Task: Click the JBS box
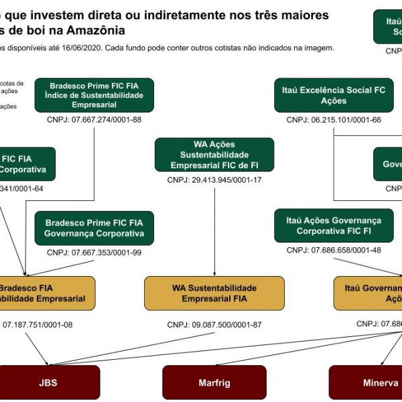pyautogui.click(x=48, y=383)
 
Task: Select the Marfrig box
pyautogui.click(x=214, y=383)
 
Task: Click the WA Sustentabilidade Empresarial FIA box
pyautogui.click(x=214, y=293)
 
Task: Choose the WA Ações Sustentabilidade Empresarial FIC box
pyautogui.click(x=214, y=154)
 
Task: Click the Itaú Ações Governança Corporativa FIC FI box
pyautogui.click(x=334, y=225)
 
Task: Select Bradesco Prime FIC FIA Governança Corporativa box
pyautogui.click(x=94, y=228)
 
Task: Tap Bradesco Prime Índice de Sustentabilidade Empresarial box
pyautogui.click(x=94, y=94)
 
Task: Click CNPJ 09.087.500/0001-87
pyautogui.click(x=217, y=325)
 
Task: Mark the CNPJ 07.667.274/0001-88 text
pyautogui.click(x=94, y=120)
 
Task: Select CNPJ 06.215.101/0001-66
pyautogui.click(x=334, y=120)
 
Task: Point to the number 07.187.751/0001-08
pyautogui.click(x=38, y=325)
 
